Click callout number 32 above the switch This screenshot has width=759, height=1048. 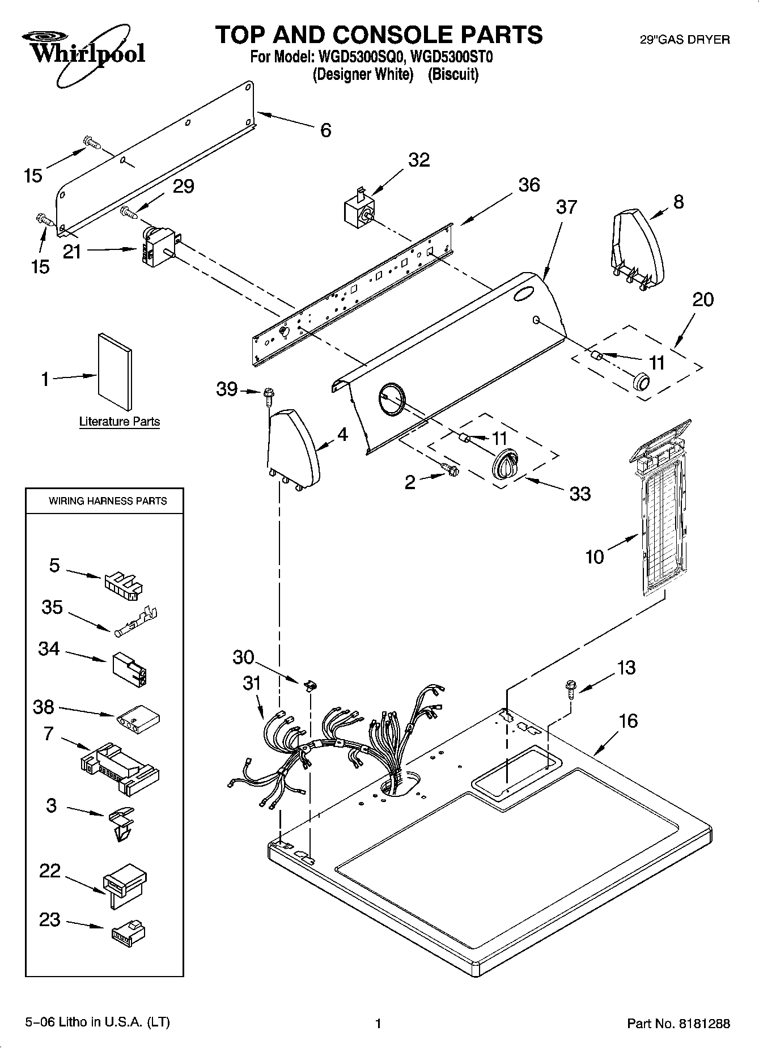[419, 160]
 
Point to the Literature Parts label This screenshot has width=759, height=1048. [119, 422]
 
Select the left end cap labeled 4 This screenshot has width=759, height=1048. [293, 448]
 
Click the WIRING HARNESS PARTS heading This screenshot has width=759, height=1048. [108, 501]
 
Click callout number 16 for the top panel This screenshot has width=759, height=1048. [628, 722]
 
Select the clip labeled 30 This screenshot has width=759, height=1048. [311, 685]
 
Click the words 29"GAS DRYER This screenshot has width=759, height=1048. [684, 40]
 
